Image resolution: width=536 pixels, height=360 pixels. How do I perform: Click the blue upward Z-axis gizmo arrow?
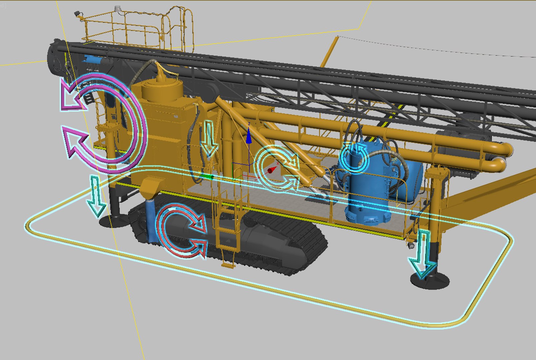coord(249,137)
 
